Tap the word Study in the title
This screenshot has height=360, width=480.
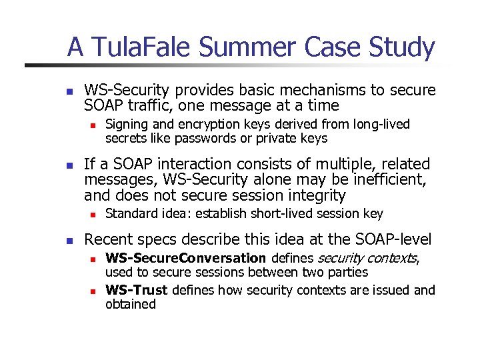click(x=403, y=47)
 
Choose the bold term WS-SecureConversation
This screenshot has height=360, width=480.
click(x=186, y=258)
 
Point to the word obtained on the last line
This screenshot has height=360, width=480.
click(x=131, y=304)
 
